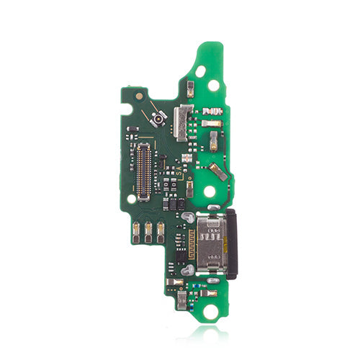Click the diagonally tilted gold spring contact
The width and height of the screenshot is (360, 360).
218,171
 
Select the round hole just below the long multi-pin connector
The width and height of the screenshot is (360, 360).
131,198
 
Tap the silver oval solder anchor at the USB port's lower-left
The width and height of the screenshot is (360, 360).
189,269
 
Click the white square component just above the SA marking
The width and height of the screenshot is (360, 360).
186,157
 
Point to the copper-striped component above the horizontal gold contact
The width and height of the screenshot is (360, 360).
213,112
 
